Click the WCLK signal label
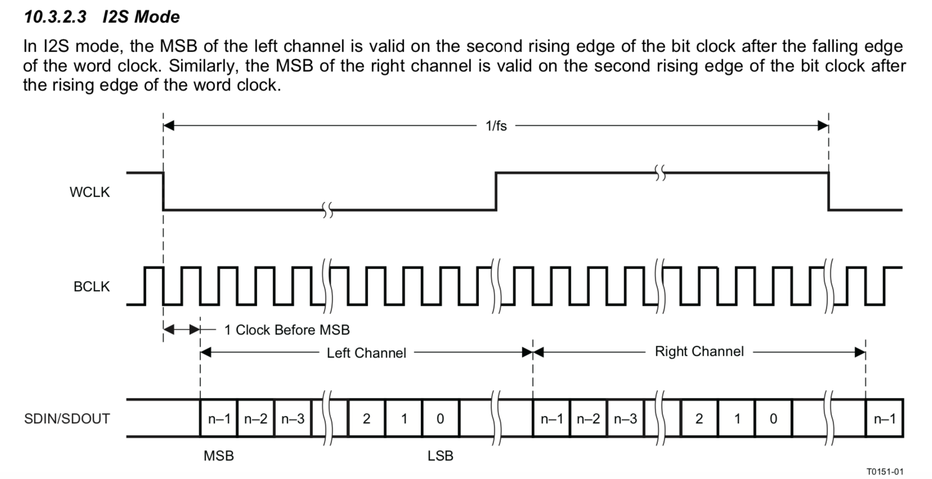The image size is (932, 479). point(89,192)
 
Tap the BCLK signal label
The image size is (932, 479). point(91,287)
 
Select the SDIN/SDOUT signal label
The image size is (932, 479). point(67,419)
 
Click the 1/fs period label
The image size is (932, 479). point(496,126)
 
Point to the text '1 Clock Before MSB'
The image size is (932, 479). point(286,330)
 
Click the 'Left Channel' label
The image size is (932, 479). point(366,353)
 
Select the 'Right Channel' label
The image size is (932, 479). point(699,352)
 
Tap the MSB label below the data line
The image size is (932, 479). point(218,456)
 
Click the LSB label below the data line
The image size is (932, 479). point(440,456)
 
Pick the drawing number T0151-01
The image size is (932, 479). point(885,471)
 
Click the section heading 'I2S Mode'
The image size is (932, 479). point(141,17)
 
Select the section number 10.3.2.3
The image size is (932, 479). point(55,17)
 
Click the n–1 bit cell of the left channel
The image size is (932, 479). point(219,419)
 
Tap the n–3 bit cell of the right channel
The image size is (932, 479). point(625,419)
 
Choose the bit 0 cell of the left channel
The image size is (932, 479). point(440,419)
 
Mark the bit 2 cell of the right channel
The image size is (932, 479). point(699,419)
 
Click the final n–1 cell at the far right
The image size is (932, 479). point(884,419)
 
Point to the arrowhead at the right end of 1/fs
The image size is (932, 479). point(823,125)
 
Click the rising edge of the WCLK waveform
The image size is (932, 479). point(496,191)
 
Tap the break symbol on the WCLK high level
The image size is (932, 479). point(661,173)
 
